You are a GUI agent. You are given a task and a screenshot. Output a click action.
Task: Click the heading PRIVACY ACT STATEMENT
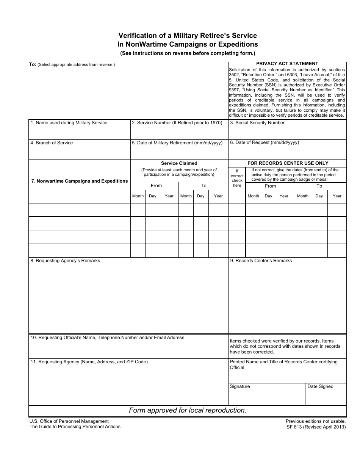tap(287, 64)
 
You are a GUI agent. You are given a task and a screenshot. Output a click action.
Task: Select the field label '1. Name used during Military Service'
tap(69, 123)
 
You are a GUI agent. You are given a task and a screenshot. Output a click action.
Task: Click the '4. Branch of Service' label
tap(52, 143)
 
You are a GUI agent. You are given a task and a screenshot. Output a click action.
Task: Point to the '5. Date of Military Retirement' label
tap(177, 143)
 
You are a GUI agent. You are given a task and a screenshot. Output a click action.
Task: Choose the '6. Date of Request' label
tap(265, 142)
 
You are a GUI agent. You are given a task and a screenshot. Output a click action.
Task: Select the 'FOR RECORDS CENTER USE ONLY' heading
tap(288, 163)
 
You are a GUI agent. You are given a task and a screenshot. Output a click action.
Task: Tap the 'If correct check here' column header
tap(237, 178)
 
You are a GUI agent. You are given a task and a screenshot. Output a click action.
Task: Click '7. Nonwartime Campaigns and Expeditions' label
tap(80, 181)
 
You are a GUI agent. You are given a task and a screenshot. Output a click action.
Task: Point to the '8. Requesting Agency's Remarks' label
tap(65, 261)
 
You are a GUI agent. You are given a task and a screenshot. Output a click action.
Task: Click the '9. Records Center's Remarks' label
tap(261, 261)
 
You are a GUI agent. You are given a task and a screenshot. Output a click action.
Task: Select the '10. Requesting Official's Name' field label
tap(108, 338)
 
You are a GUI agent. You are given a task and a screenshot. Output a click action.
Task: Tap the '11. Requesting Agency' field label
tap(89, 362)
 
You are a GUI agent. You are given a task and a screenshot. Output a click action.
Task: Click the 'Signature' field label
tap(240, 386)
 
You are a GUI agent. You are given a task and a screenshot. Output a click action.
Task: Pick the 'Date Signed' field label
tap(320, 386)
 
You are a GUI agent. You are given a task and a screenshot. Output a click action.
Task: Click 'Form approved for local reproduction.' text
tap(188, 410)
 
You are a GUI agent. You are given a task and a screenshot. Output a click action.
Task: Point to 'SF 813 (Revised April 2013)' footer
tap(316, 427)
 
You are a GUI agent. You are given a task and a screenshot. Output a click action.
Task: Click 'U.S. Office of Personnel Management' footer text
tap(69, 421)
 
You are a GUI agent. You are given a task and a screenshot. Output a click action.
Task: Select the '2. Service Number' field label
tap(177, 123)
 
